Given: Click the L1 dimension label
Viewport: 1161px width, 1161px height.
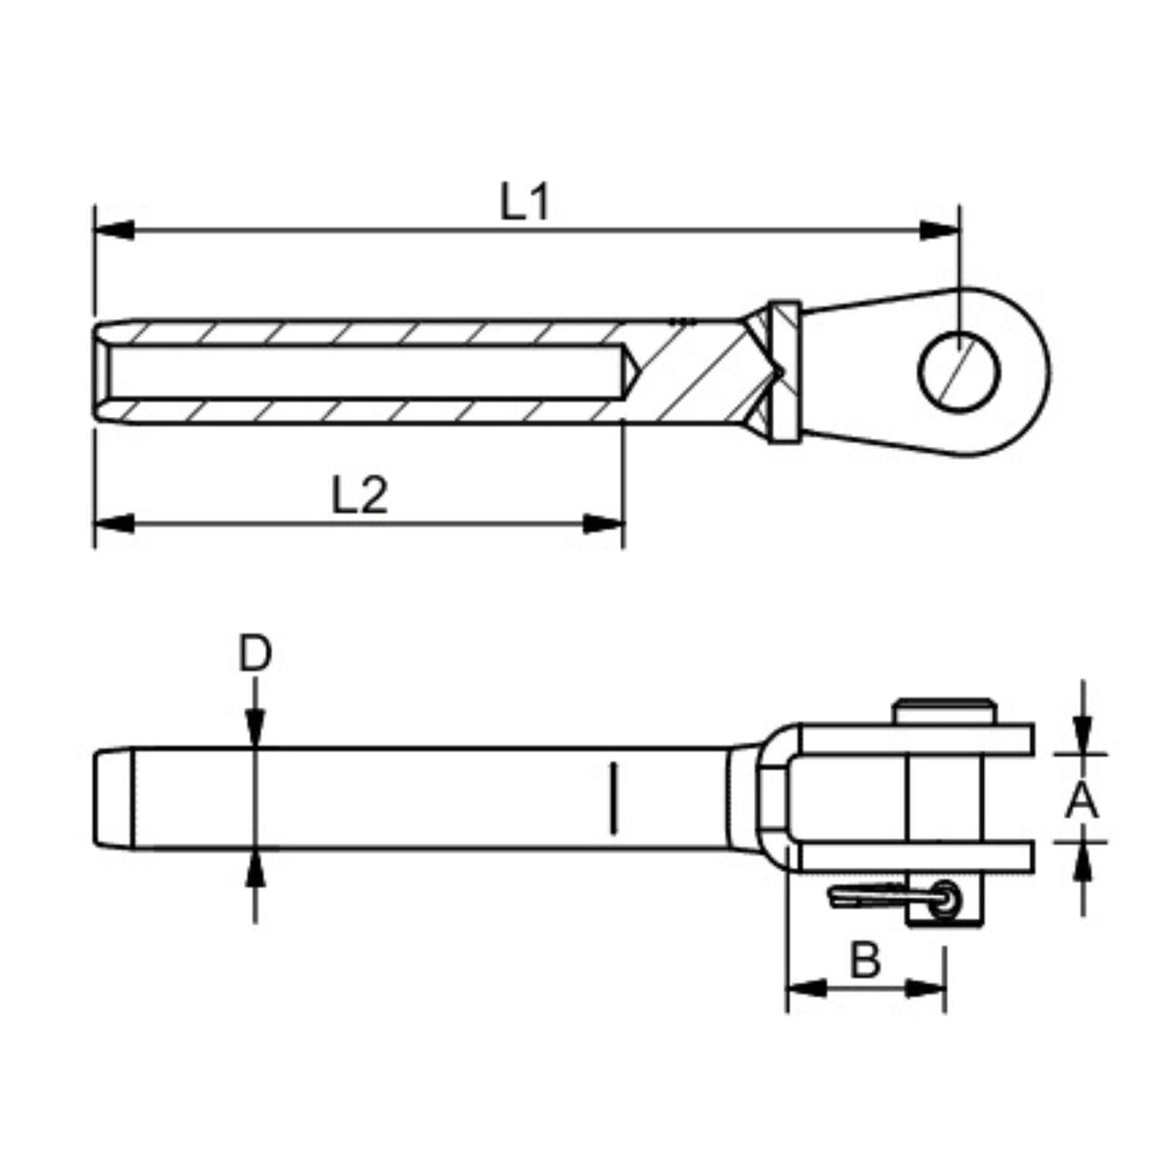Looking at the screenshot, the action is click(x=524, y=202).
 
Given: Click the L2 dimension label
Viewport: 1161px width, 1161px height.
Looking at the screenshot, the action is click(x=360, y=494).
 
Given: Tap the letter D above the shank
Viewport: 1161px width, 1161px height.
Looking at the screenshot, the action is click(x=255, y=654).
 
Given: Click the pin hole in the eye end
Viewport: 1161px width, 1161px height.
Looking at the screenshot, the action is click(x=959, y=372).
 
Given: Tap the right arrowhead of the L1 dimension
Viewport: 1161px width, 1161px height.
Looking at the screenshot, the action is click(x=938, y=230).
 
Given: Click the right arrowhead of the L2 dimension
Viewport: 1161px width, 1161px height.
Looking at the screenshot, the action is click(x=603, y=523).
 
